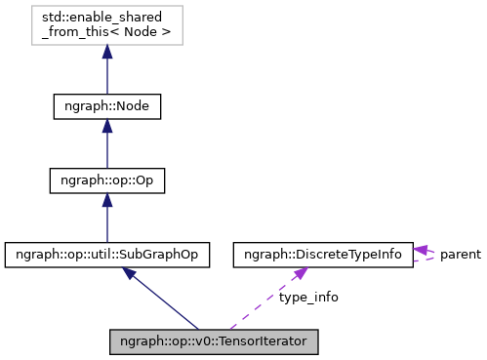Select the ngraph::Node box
coord(106,105)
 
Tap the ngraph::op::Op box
coord(106,180)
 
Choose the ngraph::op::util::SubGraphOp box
coord(107,255)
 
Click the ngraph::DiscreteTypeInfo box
coord(321,255)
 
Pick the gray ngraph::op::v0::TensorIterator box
coord(214,342)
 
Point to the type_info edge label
coord(308,298)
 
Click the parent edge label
coord(460,255)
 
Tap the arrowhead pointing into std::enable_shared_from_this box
coord(106,57)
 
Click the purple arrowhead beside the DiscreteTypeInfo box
coord(421,250)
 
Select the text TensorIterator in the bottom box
coord(264,342)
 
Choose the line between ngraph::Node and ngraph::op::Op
coord(106,151)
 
